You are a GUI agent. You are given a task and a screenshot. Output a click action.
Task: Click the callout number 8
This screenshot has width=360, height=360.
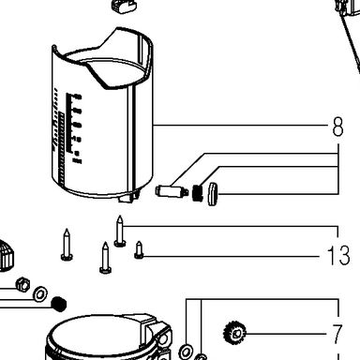coord(337,127)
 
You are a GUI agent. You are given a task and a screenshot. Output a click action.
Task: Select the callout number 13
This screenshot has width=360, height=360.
coord(338,255)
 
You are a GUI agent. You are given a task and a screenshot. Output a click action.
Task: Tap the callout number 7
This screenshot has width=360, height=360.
coord(337,334)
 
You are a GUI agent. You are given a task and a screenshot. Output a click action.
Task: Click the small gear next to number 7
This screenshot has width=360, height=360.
coord(235,334)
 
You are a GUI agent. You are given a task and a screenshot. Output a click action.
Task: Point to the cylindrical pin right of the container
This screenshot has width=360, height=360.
coord(172,191)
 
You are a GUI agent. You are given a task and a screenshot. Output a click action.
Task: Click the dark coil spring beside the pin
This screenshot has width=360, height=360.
coord(197,193)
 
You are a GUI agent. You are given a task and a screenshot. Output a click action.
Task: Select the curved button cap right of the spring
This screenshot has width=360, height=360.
coord(213,194)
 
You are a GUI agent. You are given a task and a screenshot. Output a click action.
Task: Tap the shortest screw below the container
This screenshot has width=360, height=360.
coord(139,250)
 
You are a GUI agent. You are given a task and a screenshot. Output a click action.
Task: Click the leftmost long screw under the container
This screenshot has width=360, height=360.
coord(67,245)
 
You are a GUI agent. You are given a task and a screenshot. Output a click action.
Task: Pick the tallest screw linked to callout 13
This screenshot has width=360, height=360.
coord(120,232)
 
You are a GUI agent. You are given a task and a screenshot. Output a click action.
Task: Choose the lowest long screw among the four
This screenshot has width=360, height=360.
coord(105,258)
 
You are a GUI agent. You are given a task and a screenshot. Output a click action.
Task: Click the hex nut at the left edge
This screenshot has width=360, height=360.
coord(22,284)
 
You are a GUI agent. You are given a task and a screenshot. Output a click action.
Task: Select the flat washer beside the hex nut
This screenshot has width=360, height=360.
coord(40,293)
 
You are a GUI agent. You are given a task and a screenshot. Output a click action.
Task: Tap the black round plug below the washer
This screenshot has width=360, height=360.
coord(59,304)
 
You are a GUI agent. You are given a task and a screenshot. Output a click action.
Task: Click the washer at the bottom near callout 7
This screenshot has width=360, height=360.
coord(186,352)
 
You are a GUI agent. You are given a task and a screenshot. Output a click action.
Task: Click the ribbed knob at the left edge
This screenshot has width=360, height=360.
coord(7,255)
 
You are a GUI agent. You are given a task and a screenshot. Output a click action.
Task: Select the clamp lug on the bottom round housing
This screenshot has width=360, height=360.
coord(157,336)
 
